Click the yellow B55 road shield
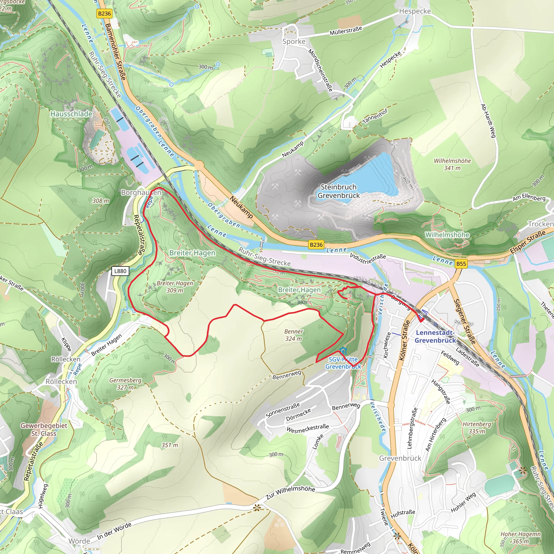461,264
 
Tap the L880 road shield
120,271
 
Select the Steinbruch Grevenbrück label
338,191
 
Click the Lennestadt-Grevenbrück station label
435,336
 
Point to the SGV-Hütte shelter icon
343,351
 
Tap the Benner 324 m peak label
293,335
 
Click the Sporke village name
294,42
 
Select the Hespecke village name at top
415,11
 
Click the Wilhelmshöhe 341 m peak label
452,164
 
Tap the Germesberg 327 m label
125,384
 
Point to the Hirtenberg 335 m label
477,428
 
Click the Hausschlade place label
71,114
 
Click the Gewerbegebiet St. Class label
44,429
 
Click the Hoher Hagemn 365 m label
520,538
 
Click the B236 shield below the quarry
316,245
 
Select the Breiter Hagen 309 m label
175,286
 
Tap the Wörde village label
79,541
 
